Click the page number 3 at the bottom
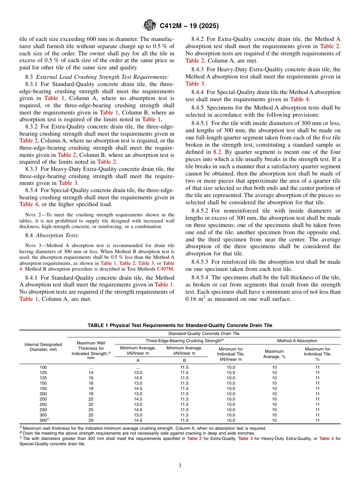(180, 466)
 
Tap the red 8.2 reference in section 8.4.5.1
(217, 151)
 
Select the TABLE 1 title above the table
(180, 326)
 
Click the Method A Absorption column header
(297, 341)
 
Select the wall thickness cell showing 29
(91, 420)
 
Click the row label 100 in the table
(43, 367)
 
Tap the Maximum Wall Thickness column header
(91, 351)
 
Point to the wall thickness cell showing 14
(91, 372)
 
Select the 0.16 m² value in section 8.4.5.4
(197, 299)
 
